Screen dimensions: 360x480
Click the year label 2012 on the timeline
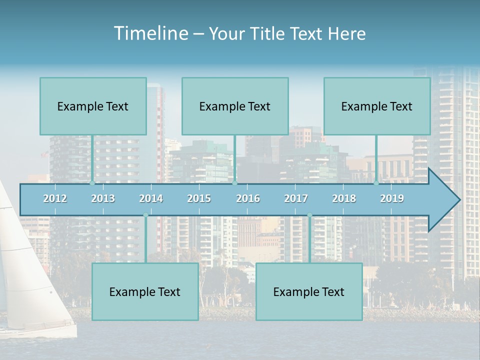click(x=55, y=198)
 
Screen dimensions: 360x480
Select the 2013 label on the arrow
click(x=103, y=198)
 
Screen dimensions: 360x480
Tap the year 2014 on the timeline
click(x=151, y=198)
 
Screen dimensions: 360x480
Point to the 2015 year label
click(x=199, y=198)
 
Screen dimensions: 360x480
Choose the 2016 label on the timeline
click(x=248, y=198)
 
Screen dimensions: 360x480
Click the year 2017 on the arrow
click(x=296, y=198)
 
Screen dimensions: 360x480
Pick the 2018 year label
click(x=344, y=198)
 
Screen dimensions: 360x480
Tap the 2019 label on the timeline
click(x=392, y=198)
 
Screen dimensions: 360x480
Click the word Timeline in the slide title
click(x=150, y=33)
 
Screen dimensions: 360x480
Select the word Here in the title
click(x=347, y=33)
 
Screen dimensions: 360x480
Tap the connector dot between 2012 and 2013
click(x=92, y=183)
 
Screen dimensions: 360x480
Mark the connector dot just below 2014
click(x=145, y=215)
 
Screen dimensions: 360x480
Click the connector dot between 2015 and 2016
click(x=234, y=183)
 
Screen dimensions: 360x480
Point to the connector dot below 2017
click(x=309, y=215)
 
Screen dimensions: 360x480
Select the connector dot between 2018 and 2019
click(x=376, y=183)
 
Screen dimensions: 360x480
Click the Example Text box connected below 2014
click(x=145, y=291)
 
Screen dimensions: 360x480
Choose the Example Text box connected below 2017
click(x=309, y=291)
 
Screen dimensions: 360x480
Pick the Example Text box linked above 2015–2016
click(x=235, y=106)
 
